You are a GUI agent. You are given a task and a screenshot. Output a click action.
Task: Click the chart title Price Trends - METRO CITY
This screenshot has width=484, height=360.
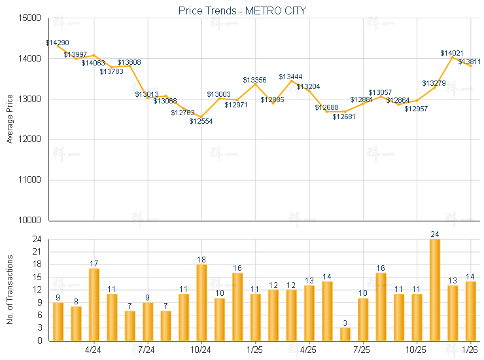[x=242, y=10]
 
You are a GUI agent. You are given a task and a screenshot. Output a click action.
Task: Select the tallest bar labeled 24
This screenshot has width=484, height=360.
[x=435, y=290]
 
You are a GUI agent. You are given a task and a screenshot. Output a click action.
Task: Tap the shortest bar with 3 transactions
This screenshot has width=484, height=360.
[x=345, y=334]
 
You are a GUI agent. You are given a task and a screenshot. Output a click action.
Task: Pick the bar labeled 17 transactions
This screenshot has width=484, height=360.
[x=94, y=304]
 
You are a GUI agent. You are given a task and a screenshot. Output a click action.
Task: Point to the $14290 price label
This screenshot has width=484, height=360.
[x=57, y=43]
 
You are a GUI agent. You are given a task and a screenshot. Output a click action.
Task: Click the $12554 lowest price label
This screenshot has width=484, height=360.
[x=201, y=121]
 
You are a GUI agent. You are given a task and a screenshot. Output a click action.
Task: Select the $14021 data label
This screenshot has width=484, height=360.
[x=452, y=53]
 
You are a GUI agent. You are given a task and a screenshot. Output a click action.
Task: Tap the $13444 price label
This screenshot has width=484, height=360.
[x=290, y=77]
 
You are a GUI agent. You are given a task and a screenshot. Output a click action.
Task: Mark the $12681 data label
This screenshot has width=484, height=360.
[x=344, y=117]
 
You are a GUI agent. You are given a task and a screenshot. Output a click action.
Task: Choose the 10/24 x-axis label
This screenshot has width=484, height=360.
[x=201, y=350]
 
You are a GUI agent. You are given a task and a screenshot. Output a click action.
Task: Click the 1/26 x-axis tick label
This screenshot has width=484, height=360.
[x=470, y=350]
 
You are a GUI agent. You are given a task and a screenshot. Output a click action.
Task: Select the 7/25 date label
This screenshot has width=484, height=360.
[x=362, y=350]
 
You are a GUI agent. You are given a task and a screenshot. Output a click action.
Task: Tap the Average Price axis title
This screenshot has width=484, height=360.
[x=9, y=119]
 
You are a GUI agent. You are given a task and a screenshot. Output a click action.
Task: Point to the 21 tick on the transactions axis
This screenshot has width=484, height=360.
[x=37, y=252]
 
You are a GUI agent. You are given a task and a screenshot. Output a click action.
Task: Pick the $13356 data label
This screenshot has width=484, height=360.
[x=255, y=80]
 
